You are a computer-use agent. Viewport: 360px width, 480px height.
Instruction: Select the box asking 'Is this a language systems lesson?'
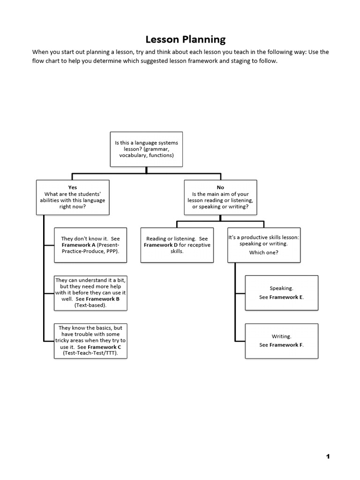146,149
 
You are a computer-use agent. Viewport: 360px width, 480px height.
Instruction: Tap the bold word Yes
73,187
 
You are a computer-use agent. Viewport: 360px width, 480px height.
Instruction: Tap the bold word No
220,187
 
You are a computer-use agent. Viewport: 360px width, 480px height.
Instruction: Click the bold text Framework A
78,245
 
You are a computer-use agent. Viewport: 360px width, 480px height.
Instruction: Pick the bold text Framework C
105,347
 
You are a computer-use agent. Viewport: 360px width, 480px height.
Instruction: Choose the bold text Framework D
161,245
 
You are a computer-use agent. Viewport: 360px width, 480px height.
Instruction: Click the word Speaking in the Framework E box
281,289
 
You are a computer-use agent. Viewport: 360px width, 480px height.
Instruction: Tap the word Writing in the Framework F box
281,337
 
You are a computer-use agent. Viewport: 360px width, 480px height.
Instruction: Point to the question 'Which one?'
263,253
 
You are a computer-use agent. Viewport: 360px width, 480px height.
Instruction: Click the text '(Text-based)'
90,305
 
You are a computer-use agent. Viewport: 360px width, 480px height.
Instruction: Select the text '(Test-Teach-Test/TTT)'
90,353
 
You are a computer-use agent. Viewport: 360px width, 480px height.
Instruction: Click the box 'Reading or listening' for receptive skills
177,245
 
